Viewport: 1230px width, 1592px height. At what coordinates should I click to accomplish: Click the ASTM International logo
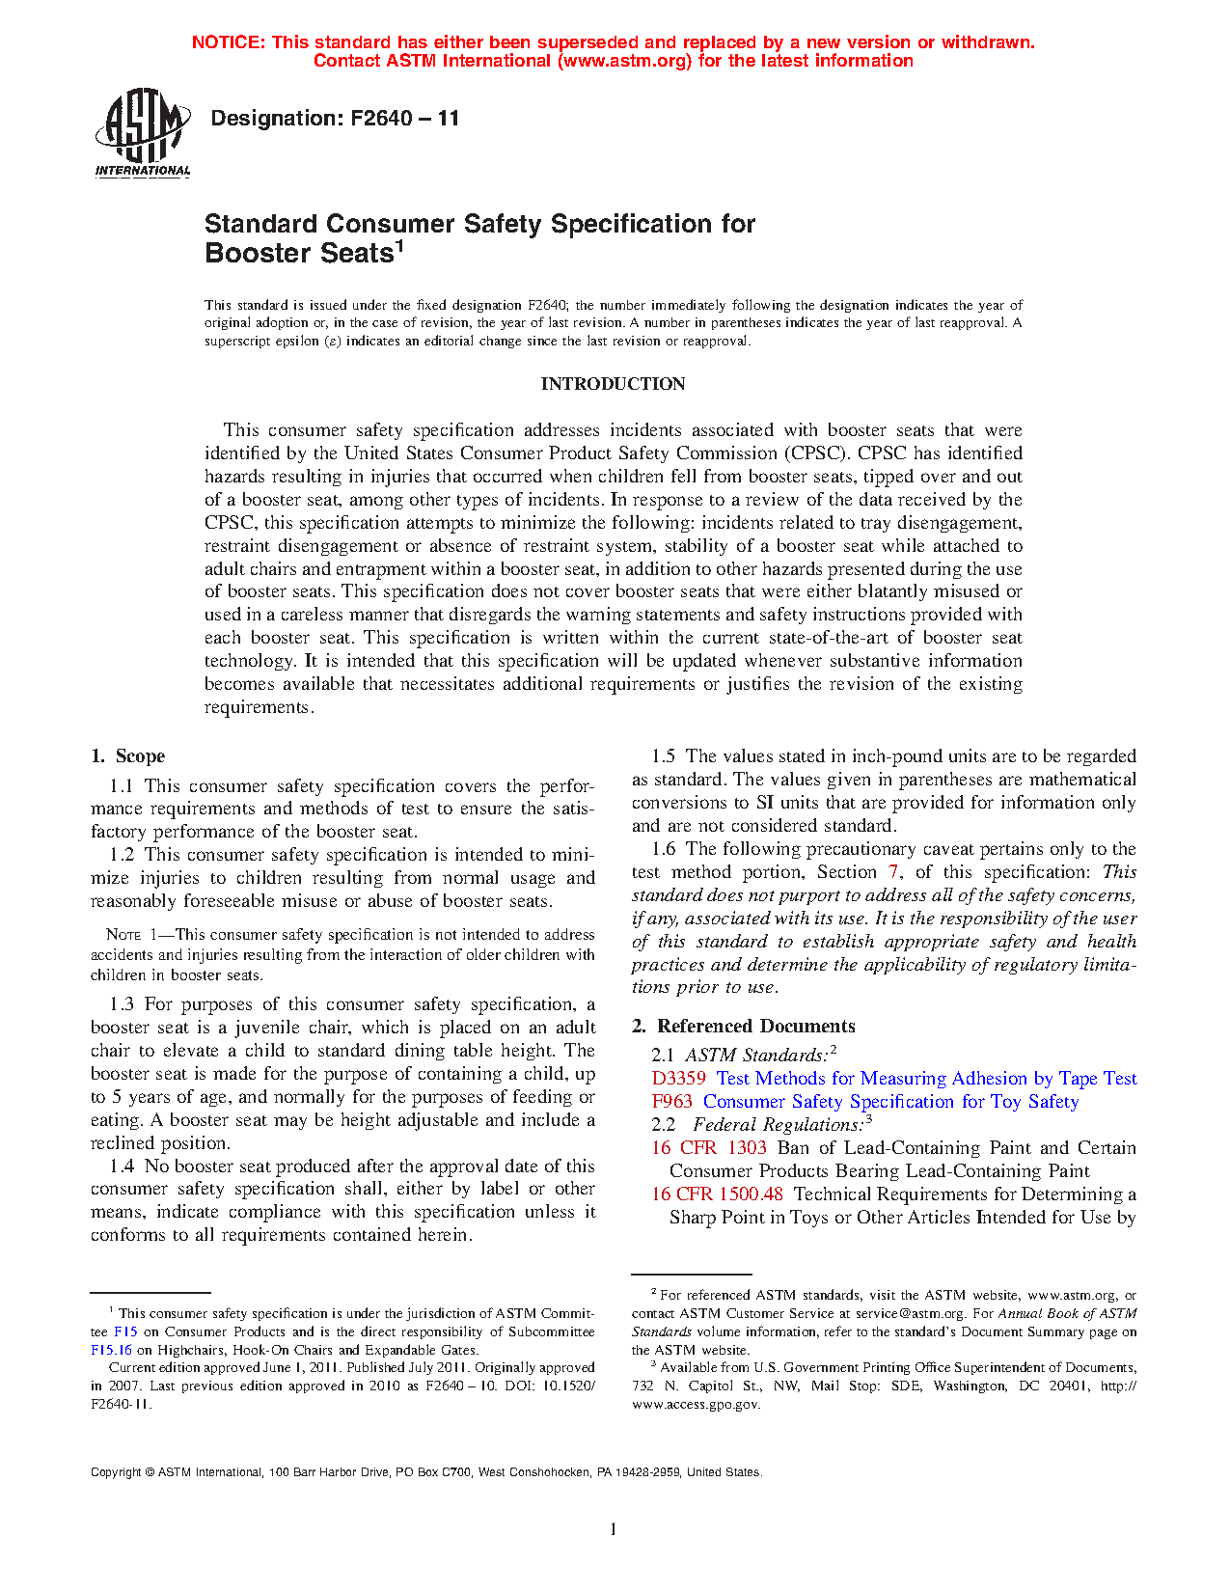point(143,133)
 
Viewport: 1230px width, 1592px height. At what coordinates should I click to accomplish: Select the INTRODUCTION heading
point(613,384)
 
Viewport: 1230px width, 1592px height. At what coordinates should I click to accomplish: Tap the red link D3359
point(678,1079)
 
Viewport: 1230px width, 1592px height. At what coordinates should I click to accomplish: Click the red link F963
point(671,1102)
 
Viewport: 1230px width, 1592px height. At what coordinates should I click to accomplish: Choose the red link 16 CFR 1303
point(708,1148)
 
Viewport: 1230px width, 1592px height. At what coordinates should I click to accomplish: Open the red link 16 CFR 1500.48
point(717,1194)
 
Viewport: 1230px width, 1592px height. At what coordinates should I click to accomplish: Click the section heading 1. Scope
point(127,756)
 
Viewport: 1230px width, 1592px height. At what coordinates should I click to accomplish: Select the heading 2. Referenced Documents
point(743,1027)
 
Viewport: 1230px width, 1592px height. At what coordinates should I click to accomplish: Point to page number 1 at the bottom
point(613,1529)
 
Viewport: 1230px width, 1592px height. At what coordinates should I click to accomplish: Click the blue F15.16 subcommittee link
point(111,1350)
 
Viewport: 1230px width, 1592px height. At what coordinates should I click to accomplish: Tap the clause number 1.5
point(663,756)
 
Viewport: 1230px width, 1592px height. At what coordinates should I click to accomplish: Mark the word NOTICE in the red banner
point(228,42)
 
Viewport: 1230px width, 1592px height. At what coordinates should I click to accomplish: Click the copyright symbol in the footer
point(150,1472)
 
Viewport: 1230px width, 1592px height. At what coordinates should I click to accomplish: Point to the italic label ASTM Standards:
point(756,1056)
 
